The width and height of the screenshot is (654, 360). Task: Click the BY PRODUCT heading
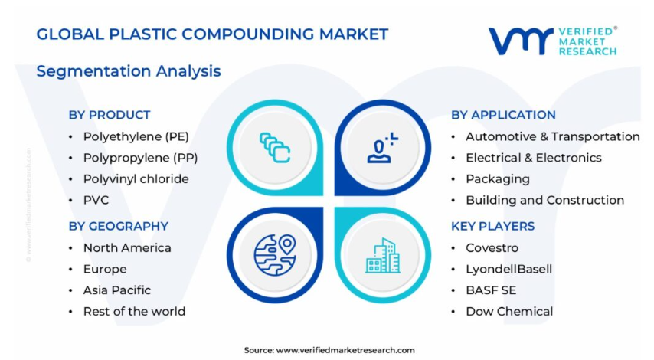tap(110, 115)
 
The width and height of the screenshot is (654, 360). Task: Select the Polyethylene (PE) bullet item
tap(136, 137)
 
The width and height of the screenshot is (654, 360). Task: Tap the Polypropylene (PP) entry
tap(141, 158)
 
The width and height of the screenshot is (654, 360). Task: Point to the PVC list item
tap(96, 200)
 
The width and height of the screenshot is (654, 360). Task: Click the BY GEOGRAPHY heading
tap(119, 226)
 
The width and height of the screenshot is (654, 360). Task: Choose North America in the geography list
tap(127, 247)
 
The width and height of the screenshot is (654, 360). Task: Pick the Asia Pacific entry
tap(116, 290)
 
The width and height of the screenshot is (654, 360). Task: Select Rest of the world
tap(134, 312)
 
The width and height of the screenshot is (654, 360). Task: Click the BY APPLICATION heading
tap(503, 115)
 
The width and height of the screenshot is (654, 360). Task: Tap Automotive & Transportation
tap(553, 137)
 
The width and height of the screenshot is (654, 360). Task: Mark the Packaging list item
tap(498, 179)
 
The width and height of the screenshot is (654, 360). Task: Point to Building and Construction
tap(544, 200)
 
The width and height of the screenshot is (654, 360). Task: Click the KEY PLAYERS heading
tap(492, 226)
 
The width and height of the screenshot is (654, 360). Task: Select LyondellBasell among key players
tap(508, 269)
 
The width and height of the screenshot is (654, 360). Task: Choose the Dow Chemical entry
tap(509, 312)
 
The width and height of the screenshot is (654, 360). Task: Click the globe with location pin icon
tap(275, 255)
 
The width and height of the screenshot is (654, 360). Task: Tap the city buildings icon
tap(382, 256)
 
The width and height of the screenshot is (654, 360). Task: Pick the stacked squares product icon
tap(275, 148)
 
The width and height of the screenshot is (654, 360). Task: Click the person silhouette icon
tap(381, 148)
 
